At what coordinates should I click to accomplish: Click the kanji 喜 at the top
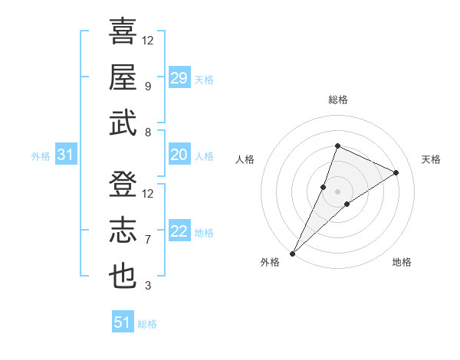(123, 32)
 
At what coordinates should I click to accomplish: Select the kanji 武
(123, 123)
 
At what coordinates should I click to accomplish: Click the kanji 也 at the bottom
(123, 277)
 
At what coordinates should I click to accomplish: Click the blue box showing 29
(179, 77)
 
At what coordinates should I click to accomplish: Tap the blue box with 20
(179, 155)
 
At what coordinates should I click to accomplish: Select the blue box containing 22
(179, 232)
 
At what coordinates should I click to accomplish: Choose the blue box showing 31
(66, 155)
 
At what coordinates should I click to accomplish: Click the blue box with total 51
(123, 322)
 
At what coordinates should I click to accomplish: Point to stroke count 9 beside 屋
(148, 86)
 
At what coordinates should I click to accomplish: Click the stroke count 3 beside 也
(148, 286)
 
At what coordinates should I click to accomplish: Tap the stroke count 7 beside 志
(148, 240)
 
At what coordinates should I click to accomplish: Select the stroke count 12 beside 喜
(148, 40)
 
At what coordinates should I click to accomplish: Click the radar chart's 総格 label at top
(337, 100)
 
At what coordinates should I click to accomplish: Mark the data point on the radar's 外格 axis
(293, 253)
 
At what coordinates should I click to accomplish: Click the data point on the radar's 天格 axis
(396, 172)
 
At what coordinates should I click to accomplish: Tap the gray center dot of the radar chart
(337, 191)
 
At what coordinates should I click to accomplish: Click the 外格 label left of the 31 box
(41, 156)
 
